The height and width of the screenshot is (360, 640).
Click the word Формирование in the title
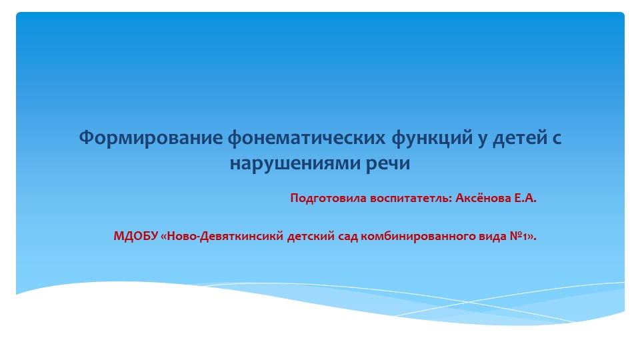(151, 137)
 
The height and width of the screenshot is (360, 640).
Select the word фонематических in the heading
(307, 139)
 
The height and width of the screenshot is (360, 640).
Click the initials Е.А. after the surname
(525, 198)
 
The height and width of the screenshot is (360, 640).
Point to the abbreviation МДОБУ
(135, 236)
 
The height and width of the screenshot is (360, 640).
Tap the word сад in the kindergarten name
(348, 236)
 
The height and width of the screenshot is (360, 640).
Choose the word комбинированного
(412, 236)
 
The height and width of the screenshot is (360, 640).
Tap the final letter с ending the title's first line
(557, 139)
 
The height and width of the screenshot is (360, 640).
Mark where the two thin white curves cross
(468, 302)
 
